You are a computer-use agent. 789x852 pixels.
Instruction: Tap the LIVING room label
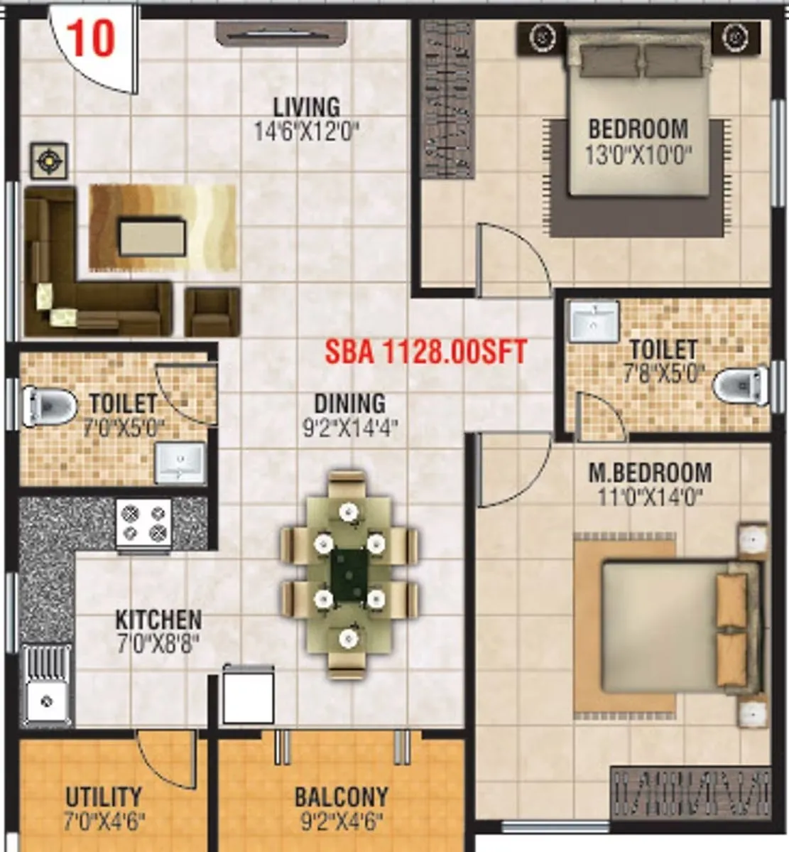click(307, 107)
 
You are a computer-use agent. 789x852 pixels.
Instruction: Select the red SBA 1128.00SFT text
click(426, 351)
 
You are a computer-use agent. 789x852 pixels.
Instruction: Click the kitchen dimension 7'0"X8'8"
click(158, 644)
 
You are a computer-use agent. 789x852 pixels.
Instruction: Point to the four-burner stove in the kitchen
click(144, 523)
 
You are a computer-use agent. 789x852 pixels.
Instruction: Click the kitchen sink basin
click(47, 700)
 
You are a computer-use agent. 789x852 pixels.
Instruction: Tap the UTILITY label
click(104, 797)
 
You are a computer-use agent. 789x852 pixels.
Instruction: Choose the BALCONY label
click(342, 797)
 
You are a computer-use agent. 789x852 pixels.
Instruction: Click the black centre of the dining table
click(349, 574)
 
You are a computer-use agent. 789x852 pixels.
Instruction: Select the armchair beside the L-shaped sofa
click(212, 311)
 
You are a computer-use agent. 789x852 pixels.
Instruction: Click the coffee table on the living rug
click(153, 238)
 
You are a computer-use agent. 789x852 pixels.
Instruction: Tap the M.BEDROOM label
click(650, 473)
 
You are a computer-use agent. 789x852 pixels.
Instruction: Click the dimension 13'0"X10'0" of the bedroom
click(638, 154)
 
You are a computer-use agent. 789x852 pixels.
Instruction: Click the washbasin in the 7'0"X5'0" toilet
click(180, 463)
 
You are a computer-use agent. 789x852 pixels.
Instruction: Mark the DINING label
click(349, 404)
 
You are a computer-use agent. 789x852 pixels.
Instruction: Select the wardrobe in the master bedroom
click(690, 791)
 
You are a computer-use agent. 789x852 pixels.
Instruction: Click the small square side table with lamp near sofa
click(49, 162)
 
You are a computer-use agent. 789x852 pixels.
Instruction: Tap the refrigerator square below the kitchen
click(248, 696)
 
